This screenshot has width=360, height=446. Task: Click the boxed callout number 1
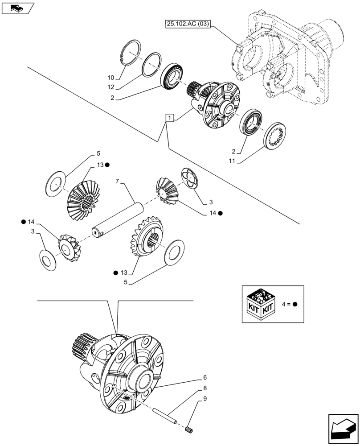[169, 118]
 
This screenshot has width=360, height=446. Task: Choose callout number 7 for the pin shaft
[117, 182]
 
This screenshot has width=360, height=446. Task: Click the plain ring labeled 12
[151, 64]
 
